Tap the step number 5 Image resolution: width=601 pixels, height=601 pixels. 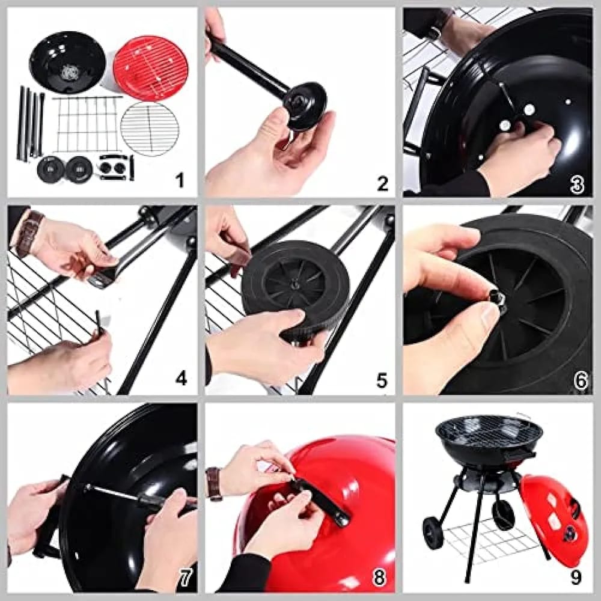click(x=381, y=380)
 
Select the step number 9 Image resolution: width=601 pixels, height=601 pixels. click(x=576, y=577)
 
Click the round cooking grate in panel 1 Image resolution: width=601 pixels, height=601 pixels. click(x=150, y=129)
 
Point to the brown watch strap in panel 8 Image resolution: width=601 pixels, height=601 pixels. click(x=213, y=484)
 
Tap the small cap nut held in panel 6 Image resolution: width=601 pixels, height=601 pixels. click(x=497, y=298)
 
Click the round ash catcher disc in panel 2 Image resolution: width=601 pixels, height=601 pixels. click(x=305, y=106)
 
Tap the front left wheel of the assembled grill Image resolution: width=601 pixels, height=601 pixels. click(x=432, y=532)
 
